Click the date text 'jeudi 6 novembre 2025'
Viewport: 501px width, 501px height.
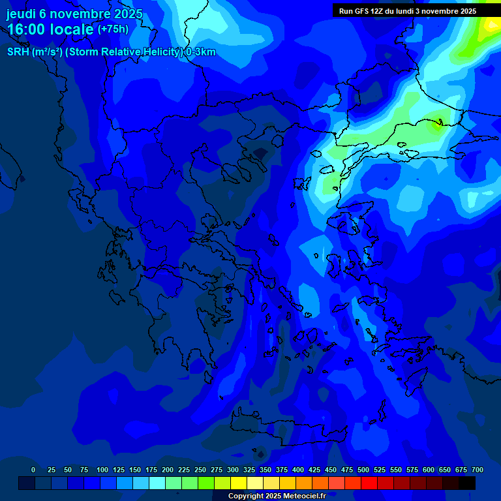(74, 14)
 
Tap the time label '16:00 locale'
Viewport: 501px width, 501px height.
(51, 29)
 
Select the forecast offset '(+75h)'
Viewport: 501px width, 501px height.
(113, 29)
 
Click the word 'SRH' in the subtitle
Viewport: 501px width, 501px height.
(18, 52)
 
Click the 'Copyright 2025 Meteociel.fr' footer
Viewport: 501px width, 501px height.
(277, 496)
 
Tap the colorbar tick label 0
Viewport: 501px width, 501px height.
(33, 470)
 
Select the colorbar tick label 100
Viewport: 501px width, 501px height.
(102, 470)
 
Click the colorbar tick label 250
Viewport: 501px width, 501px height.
(200, 470)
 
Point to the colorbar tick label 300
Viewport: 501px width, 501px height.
(233, 470)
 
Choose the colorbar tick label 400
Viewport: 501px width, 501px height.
(298, 470)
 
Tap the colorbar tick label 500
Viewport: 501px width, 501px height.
(363, 470)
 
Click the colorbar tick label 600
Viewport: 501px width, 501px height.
(429, 470)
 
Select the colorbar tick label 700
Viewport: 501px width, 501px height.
(478, 470)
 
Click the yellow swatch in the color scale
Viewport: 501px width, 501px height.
(239, 483)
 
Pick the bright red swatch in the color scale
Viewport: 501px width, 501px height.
(369, 483)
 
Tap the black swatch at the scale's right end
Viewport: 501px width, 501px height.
(467, 483)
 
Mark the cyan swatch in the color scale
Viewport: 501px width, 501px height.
(157, 483)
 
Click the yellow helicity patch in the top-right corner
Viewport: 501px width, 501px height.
(491, 25)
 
